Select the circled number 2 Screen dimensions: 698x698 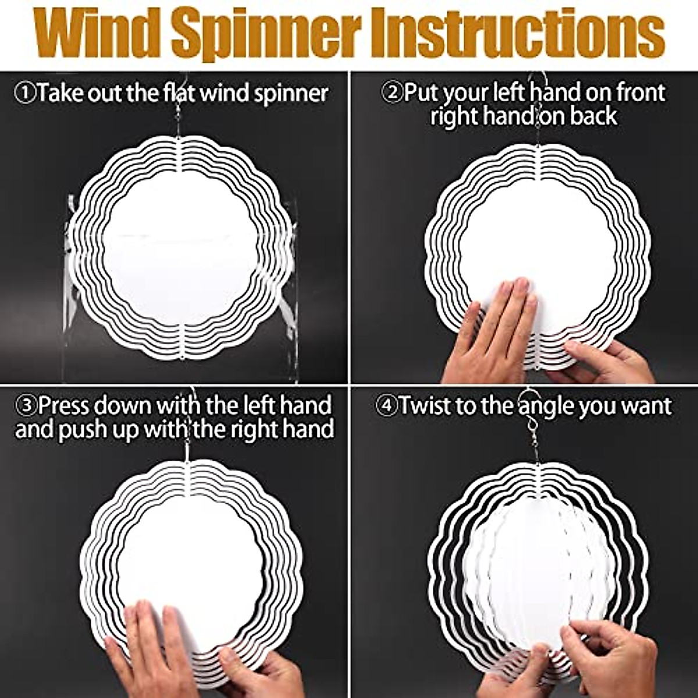coord(391,92)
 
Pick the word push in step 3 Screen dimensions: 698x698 coord(116,429)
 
